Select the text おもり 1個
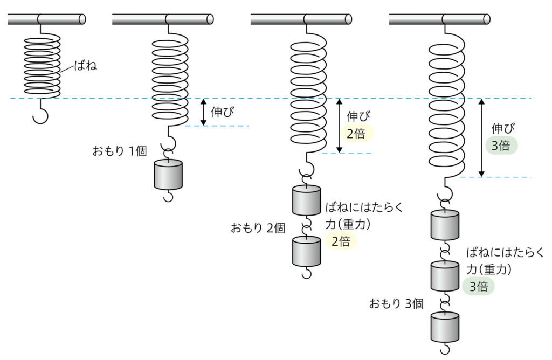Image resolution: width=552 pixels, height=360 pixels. coord(120,151)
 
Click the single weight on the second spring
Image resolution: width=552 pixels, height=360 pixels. coord(168,175)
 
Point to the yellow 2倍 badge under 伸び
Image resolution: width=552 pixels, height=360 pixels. coord(356,134)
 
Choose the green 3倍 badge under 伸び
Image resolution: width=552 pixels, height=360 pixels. coord(501,146)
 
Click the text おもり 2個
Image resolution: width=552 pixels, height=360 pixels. coord(258,228)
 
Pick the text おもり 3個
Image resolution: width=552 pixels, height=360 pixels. coord(396,303)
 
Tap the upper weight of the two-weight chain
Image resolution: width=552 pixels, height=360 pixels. coord(306,200)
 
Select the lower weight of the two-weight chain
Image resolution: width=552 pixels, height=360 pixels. coord(306,252)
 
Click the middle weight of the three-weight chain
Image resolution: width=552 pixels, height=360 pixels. coord(445,276)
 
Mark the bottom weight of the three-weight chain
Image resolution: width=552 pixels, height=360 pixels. coord(445,327)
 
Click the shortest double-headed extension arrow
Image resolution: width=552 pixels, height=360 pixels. coord(203,112)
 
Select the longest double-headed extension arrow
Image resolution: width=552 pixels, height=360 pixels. coord(481,138)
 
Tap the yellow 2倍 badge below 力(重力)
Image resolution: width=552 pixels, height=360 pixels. coord(341,241)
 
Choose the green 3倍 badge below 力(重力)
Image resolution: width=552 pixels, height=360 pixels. coord(479,287)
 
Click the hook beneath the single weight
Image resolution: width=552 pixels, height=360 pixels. coord(168,197)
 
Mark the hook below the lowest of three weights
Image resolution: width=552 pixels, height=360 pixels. coord(445,349)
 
